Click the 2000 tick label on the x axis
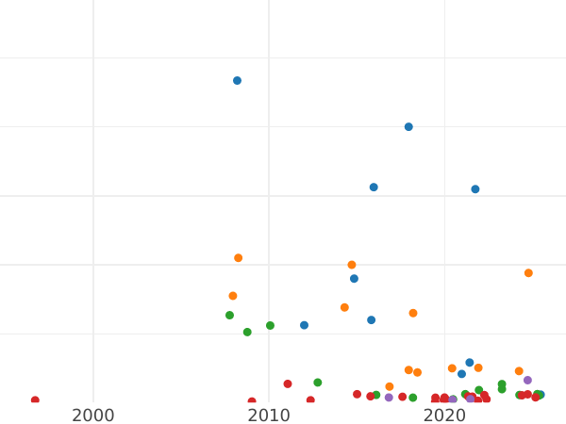coord(93,416)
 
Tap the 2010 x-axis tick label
coord(269,416)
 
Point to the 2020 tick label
coord(444,416)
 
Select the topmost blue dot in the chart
coord(237,81)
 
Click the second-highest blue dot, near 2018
coord(408,127)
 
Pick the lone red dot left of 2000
coord(35,400)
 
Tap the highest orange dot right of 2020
coord(528,273)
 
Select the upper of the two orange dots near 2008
coord(238,258)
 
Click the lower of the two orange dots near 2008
coord(233,296)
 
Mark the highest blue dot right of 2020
coord(475,189)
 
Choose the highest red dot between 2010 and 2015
coord(288,384)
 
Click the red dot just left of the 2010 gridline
coord(252,401)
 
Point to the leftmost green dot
coord(229,316)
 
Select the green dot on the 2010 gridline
coord(270,326)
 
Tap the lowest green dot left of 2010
coord(247,333)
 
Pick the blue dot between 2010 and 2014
coord(304,326)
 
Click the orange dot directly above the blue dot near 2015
coord(352,265)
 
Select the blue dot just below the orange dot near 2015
coord(354,279)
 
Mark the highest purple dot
coord(527,381)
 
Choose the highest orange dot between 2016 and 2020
coord(413,314)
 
